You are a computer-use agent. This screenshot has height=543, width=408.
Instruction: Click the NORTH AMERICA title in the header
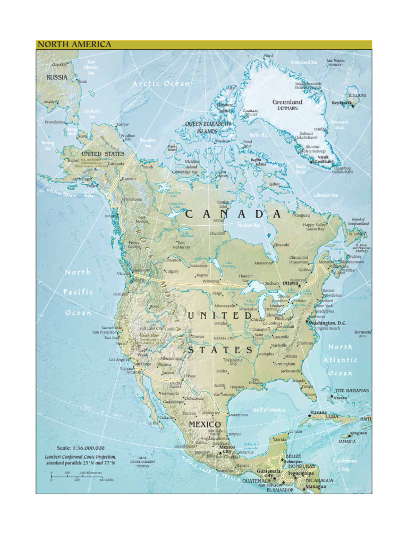74,45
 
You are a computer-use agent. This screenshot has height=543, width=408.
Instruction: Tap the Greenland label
287,102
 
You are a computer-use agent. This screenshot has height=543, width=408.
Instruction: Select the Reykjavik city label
342,103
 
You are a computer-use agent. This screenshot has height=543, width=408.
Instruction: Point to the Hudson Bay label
249,225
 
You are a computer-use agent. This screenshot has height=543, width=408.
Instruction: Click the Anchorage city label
82,179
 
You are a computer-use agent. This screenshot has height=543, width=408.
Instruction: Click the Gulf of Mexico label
269,410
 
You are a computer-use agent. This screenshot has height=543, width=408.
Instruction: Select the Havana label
318,412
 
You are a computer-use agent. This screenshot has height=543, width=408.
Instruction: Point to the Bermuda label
363,332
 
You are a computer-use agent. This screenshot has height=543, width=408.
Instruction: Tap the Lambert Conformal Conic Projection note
80,460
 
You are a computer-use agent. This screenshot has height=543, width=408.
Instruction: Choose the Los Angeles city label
119,360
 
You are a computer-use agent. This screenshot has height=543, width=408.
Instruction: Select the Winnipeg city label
211,282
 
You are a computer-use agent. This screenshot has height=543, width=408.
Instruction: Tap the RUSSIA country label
57,77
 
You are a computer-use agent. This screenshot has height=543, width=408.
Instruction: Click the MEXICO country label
205,425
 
